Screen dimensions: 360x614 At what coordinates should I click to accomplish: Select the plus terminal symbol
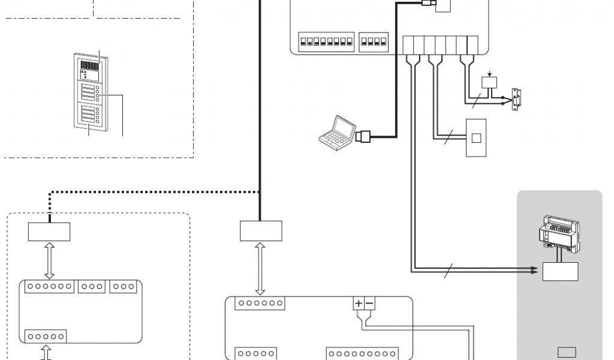359,304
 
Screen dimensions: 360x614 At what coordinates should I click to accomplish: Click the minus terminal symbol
369,304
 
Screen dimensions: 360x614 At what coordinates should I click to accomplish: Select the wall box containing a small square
476,137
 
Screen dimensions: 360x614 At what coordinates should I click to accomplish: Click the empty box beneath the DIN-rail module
561,271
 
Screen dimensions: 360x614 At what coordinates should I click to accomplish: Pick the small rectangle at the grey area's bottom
567,352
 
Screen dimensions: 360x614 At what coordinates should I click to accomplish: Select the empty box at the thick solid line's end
260,231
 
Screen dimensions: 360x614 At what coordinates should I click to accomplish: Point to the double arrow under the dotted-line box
50,260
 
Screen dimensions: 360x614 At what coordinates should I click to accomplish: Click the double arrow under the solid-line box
260,268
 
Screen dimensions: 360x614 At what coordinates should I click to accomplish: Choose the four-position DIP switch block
374,43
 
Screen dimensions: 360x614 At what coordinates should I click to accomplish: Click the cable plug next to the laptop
365,137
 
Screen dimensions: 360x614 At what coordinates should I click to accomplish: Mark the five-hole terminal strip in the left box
46,336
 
